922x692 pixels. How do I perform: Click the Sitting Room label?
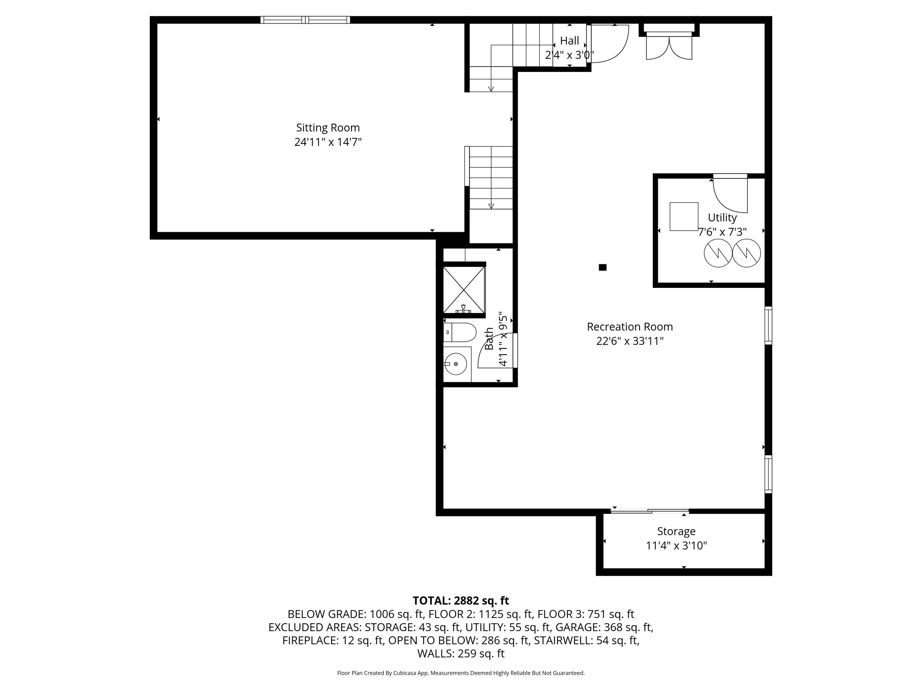click(328, 128)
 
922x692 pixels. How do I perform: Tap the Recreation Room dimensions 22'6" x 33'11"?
click(629, 341)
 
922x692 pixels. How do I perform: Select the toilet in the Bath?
click(460, 332)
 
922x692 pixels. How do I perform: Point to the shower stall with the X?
click(464, 289)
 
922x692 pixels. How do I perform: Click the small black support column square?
click(602, 267)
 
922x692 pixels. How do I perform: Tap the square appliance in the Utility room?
click(684, 217)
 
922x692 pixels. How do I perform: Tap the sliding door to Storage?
click(649, 511)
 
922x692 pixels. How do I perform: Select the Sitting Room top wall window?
click(305, 20)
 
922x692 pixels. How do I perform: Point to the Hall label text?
click(569, 41)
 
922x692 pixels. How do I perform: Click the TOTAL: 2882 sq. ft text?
click(461, 601)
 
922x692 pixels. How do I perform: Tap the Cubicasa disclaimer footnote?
click(461, 673)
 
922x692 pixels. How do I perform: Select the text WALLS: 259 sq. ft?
click(461, 654)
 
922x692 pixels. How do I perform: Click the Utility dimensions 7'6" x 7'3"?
click(722, 232)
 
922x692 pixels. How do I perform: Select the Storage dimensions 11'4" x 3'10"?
click(676, 546)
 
